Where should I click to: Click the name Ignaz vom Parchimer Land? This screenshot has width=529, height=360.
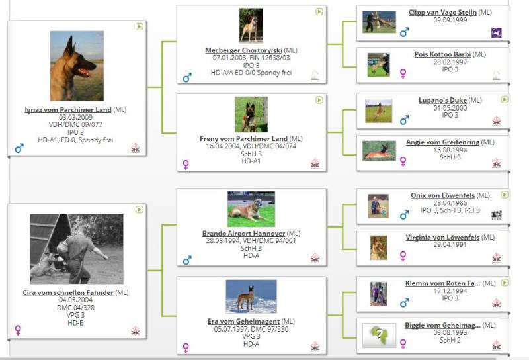click(68, 110)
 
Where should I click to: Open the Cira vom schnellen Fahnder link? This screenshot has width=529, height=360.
click(68, 292)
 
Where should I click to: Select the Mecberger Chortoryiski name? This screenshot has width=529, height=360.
click(243, 50)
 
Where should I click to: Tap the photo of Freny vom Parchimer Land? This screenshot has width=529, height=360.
click(251, 114)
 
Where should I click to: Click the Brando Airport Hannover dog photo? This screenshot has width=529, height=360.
click(251, 209)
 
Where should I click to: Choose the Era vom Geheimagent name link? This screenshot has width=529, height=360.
click(243, 321)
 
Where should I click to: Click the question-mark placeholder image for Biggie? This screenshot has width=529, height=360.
click(379, 336)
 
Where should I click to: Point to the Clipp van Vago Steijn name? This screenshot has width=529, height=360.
click(442, 13)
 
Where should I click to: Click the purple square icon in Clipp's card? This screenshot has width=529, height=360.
click(497, 33)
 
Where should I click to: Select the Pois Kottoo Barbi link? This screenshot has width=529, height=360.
click(442, 54)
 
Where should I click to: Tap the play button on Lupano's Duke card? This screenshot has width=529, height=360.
click(505, 100)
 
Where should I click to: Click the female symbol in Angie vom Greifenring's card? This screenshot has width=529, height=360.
click(403, 161)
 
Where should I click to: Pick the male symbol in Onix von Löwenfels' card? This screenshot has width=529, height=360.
click(404, 215)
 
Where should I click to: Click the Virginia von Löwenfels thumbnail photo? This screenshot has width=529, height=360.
click(378, 248)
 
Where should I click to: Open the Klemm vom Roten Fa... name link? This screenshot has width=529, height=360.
click(442, 283)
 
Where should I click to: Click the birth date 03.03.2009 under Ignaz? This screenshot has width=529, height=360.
click(75, 117)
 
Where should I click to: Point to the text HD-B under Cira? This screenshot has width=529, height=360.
click(75, 323)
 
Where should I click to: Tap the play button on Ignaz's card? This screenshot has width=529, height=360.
click(139, 26)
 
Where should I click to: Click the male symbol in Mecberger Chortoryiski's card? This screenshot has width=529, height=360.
click(187, 77)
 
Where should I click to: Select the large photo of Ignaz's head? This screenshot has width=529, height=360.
click(77, 66)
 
